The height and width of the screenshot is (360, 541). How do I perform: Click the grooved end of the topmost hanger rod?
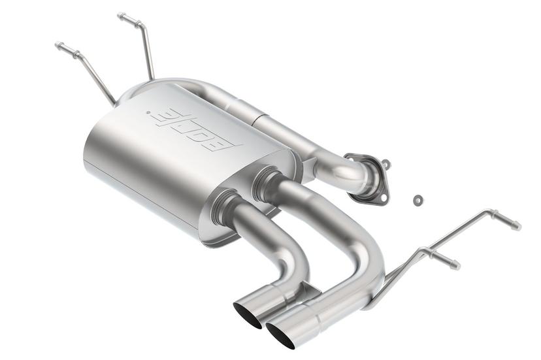pyautogui.click(x=122, y=16)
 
